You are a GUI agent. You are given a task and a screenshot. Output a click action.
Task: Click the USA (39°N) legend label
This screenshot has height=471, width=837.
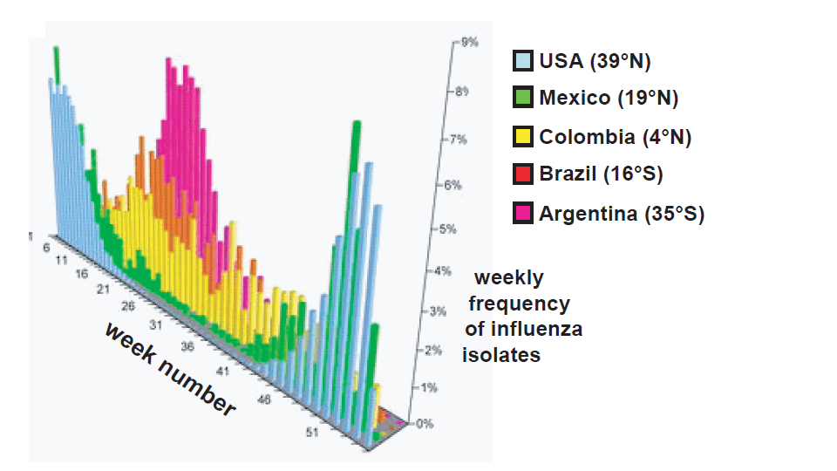click(595, 61)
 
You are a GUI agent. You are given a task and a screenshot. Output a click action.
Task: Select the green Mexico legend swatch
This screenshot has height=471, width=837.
click(523, 98)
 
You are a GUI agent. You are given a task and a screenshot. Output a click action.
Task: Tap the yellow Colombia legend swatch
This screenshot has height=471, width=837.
click(523, 137)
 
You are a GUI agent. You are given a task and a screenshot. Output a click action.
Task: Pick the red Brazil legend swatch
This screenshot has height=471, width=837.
click(523, 174)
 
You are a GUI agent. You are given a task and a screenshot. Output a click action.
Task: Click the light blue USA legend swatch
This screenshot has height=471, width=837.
click(523, 61)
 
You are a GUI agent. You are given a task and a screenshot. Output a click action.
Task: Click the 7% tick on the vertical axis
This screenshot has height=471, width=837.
click(457, 139)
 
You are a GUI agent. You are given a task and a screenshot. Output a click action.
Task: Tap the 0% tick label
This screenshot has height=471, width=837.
click(425, 424)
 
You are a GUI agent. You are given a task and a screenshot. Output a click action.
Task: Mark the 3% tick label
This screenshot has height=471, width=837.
click(435, 311)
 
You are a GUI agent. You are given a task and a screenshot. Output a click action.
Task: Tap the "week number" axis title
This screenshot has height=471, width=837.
click(171, 369)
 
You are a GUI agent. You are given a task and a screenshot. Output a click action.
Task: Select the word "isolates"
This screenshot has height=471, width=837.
click(501, 355)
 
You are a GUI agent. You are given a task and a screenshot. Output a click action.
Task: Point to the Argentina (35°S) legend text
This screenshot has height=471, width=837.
click(621, 214)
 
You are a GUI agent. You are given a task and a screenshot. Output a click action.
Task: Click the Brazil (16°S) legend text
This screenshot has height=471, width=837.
click(601, 174)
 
